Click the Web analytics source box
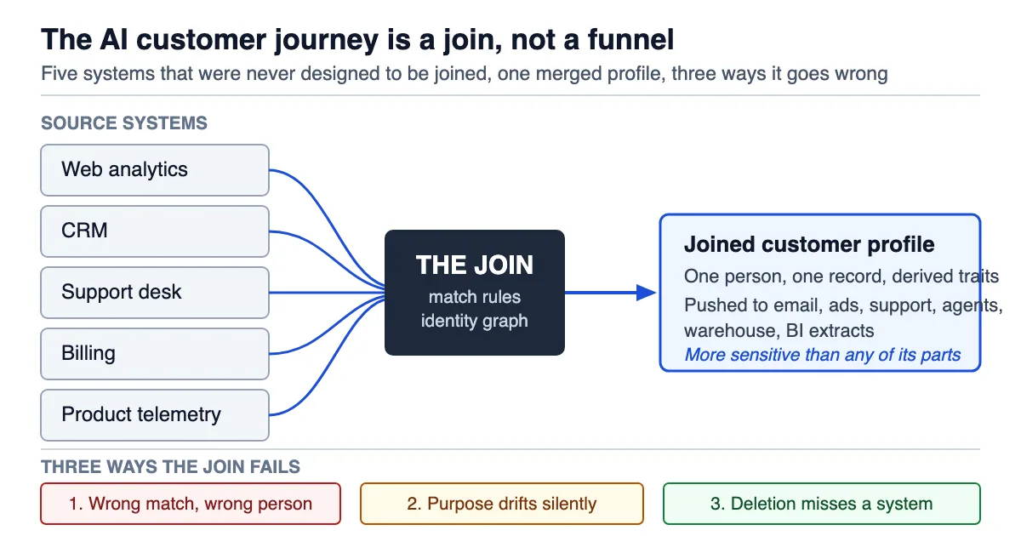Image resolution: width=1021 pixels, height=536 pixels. point(155,170)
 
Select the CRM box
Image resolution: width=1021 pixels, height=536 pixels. point(155,231)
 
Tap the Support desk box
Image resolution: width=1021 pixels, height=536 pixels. point(155,293)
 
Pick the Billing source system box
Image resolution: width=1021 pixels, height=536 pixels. point(155,354)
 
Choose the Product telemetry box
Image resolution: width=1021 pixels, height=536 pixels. point(155,415)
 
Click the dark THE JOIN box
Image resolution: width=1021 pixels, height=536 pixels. point(475,293)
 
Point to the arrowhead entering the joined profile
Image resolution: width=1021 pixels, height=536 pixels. point(647,293)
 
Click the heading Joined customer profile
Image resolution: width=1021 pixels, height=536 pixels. point(809,244)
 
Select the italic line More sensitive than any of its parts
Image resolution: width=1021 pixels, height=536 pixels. point(822,355)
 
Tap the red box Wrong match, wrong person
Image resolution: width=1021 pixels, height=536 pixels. point(191,504)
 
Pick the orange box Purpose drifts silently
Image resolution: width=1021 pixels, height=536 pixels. point(502,504)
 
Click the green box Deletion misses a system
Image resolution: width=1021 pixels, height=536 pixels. point(821,504)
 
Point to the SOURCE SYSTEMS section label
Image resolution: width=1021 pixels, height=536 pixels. point(124,123)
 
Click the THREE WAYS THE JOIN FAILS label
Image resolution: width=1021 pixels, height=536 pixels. point(170,467)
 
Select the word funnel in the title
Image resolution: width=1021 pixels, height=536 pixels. point(630,39)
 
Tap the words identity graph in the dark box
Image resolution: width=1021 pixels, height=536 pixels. point(475,321)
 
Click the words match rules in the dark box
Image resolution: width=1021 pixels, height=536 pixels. point(475,297)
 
